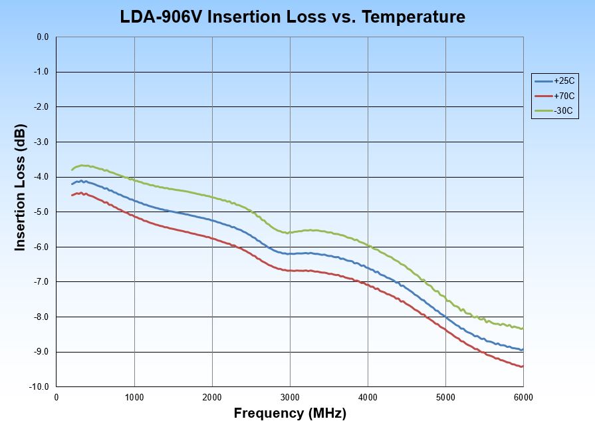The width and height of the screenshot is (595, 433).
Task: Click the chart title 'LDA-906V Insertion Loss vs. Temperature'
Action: (x=293, y=17)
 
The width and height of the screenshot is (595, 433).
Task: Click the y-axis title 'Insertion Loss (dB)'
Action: (x=21, y=188)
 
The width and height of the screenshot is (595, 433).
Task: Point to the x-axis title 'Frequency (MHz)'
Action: (x=290, y=414)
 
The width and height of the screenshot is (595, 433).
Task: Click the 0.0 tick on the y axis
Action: (x=43, y=37)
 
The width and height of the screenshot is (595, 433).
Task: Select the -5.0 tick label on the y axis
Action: (x=42, y=212)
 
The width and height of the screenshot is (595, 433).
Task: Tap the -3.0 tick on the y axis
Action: (x=42, y=142)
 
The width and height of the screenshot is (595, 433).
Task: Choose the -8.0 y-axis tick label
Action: (x=42, y=317)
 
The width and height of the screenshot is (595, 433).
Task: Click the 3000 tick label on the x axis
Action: (x=290, y=397)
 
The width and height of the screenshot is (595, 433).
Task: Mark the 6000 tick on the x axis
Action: (x=523, y=397)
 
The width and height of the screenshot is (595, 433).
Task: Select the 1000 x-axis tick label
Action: (x=134, y=397)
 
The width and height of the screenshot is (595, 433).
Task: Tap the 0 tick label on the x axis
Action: (x=57, y=397)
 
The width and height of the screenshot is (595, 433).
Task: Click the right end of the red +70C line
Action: (x=523, y=366)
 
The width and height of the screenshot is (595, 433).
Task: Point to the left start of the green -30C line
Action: (x=72, y=170)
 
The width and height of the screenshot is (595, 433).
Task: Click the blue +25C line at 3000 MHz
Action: (x=290, y=253)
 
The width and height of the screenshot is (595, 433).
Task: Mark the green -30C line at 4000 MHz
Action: (x=368, y=245)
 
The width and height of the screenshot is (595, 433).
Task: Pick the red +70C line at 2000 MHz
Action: (x=212, y=237)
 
